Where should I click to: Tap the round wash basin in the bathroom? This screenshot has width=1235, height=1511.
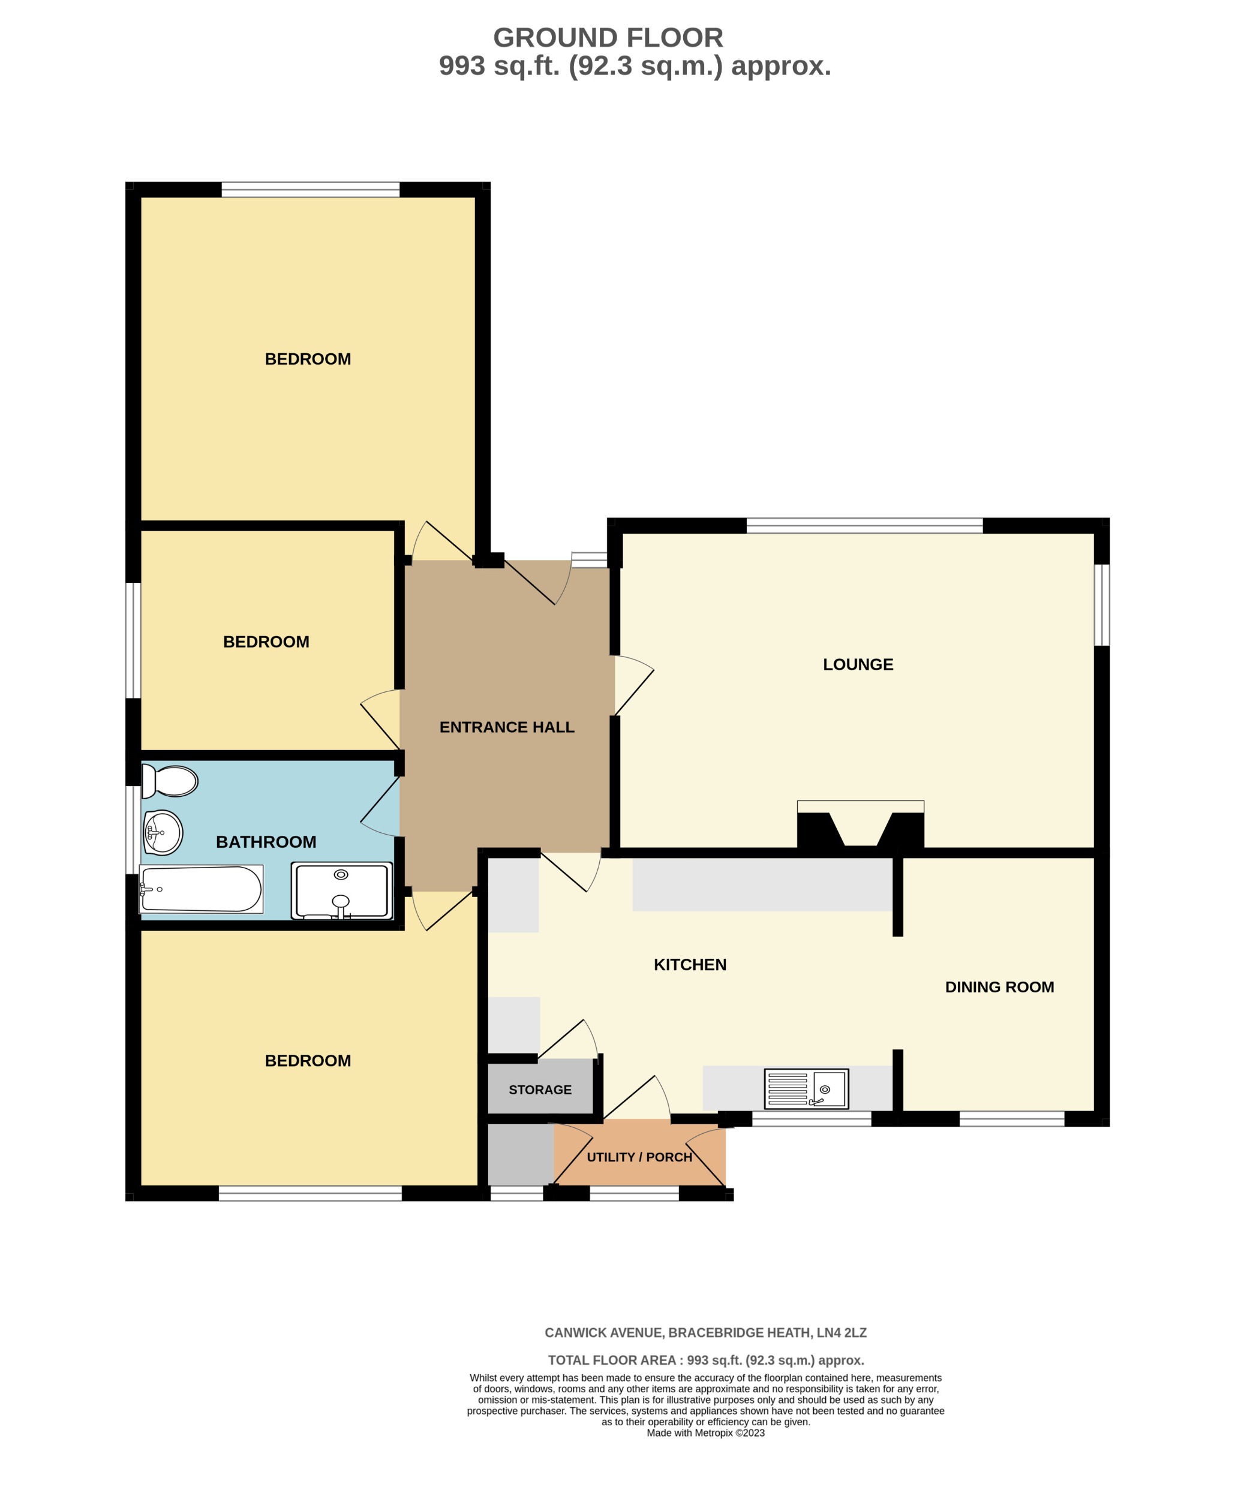163,832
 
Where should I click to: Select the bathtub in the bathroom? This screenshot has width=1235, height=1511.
202,889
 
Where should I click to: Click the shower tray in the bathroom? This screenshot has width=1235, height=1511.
341,891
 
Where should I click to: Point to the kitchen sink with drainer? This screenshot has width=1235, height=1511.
806,1089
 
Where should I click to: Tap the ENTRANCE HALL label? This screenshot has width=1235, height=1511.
506,727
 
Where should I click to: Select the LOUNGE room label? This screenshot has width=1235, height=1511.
858,665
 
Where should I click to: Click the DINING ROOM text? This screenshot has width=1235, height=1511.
999,987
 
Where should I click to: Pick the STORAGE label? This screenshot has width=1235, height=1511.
540,1090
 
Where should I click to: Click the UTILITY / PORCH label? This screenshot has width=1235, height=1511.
639,1157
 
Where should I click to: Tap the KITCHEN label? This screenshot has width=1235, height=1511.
690,965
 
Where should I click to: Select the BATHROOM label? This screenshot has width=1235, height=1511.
266,842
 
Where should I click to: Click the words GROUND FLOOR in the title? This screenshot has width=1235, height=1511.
608,38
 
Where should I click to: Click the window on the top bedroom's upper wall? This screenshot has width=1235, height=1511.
310,189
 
